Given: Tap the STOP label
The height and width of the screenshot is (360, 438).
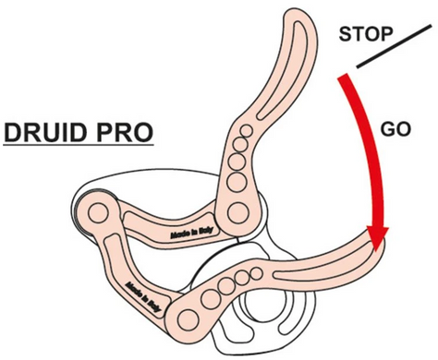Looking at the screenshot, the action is (366, 34).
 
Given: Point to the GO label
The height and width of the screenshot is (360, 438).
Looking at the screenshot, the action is (395, 129).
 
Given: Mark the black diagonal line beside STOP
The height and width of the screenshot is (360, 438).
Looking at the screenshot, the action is (394, 46).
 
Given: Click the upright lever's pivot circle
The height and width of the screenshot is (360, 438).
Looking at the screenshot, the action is (238, 212).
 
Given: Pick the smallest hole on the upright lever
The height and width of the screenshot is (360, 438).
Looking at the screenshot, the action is (247, 131).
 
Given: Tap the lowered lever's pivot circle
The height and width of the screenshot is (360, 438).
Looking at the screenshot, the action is (187, 319).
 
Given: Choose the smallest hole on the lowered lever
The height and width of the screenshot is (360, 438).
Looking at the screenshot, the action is (256, 272).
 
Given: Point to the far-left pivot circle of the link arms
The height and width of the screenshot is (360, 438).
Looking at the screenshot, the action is (98, 212).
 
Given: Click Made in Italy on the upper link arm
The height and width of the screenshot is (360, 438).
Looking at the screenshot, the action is (191, 234).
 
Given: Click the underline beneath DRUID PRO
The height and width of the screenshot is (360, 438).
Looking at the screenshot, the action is (79, 145).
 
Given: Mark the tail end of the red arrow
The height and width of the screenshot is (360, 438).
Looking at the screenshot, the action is (343, 76).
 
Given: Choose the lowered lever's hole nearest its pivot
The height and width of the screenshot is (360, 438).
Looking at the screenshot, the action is (210, 298).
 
